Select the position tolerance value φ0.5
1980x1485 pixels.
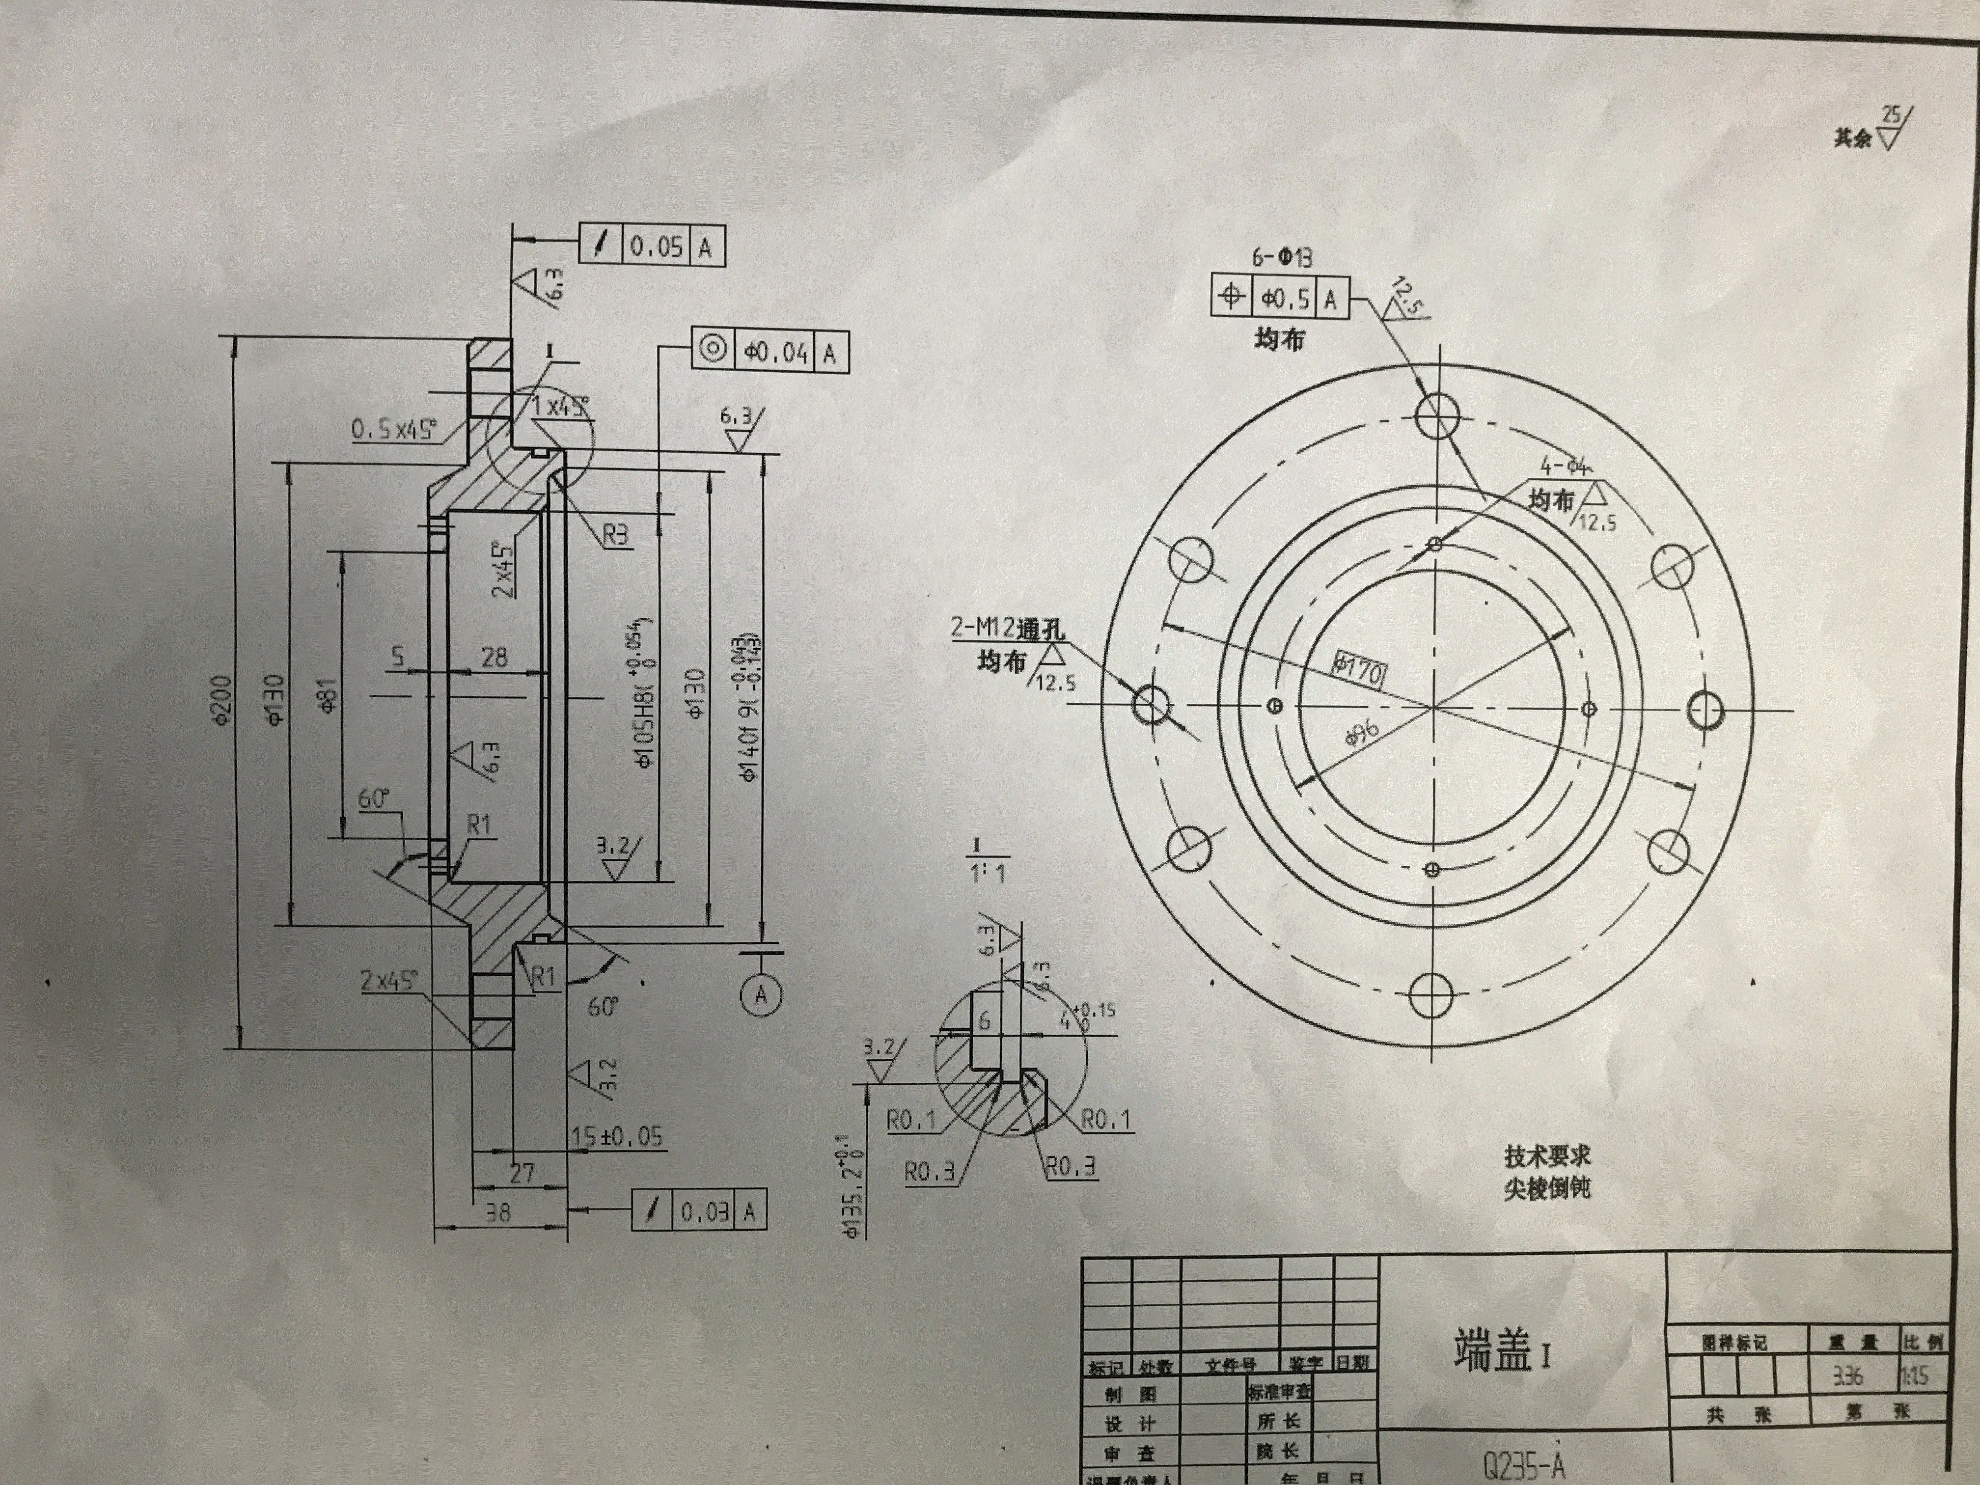pos(1286,298)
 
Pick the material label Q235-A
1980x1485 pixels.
pos(1523,1466)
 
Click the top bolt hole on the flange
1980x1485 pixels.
pos(1437,413)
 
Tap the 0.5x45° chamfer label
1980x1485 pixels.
pos(394,431)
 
